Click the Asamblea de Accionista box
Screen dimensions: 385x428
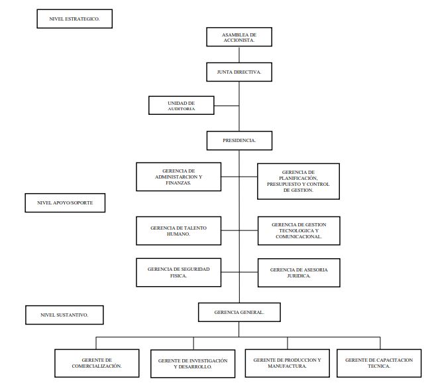pyautogui.click(x=239, y=37)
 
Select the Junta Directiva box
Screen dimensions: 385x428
pyautogui.click(x=239, y=72)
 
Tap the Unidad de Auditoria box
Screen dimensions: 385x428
pyautogui.click(x=182, y=105)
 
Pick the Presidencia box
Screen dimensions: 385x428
pyautogui.click(x=239, y=141)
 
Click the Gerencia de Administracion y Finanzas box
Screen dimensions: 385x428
pyautogui.click(x=178, y=177)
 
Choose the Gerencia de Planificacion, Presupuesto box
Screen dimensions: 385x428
pyautogui.click(x=298, y=181)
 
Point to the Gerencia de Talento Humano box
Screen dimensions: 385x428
pyautogui.click(x=178, y=230)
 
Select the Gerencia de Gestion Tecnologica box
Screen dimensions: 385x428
pyautogui.click(x=298, y=230)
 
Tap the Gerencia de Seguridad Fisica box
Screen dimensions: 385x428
pyautogui.click(x=178, y=272)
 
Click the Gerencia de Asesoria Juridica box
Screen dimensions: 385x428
pyautogui.click(x=298, y=273)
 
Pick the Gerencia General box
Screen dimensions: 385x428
pyautogui.click(x=239, y=311)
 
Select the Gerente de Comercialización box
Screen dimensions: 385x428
pyautogui.click(x=97, y=362)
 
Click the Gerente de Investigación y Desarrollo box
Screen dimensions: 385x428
pyautogui.click(x=193, y=363)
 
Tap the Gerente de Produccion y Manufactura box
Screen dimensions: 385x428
pyautogui.click(x=287, y=362)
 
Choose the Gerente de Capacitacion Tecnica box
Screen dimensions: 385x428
pyautogui.click(x=378, y=362)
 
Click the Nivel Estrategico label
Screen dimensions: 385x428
pyautogui.click(x=74, y=19)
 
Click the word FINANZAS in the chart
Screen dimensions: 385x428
pyautogui.click(x=178, y=183)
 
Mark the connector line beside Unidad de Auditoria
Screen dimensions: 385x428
pyautogui.click(x=227, y=105)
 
